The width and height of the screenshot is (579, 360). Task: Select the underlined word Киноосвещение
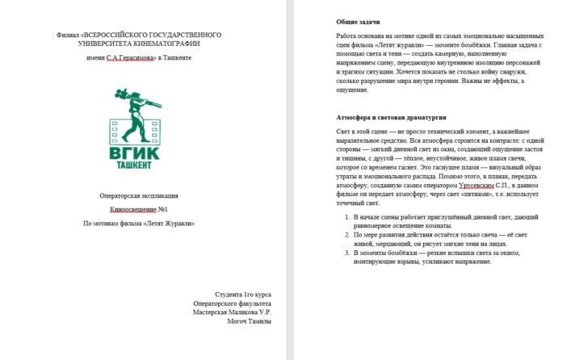click(131, 209)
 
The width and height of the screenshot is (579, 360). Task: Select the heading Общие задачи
click(359, 21)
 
